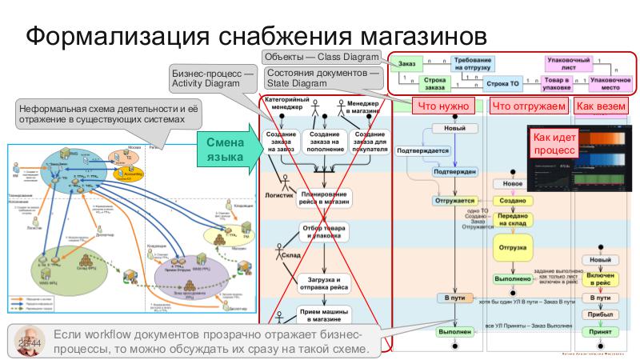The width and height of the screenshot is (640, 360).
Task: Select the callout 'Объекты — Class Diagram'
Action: (x=321, y=57)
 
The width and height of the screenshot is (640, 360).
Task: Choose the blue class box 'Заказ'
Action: (x=406, y=63)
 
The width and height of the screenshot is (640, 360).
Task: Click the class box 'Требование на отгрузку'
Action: (x=473, y=64)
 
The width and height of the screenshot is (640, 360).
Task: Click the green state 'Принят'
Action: (x=600, y=330)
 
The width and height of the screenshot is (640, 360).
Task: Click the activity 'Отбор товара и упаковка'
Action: (x=325, y=232)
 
